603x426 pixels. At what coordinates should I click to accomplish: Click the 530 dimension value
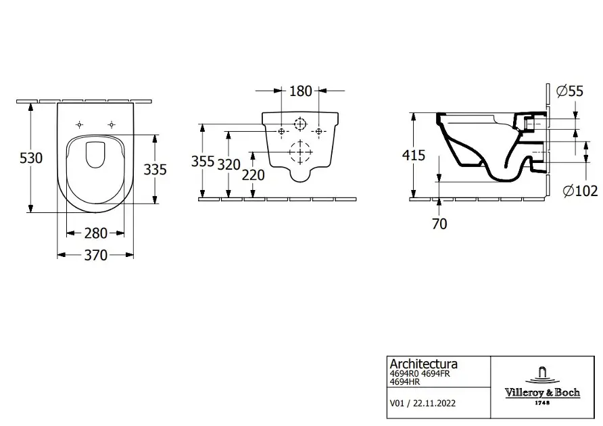tap(31, 158)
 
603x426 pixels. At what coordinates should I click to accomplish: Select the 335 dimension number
tap(155, 169)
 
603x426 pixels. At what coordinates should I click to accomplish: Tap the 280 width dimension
tap(96, 233)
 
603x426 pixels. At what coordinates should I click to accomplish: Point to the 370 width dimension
tap(96, 255)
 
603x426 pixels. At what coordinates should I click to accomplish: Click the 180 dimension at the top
tap(300, 91)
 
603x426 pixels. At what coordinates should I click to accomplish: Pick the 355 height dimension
tap(203, 162)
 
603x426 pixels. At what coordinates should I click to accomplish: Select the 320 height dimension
tap(228, 165)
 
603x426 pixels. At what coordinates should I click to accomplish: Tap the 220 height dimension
tap(253, 176)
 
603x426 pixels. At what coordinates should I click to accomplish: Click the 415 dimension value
tap(414, 156)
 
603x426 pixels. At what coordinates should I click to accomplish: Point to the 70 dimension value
tap(439, 224)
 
